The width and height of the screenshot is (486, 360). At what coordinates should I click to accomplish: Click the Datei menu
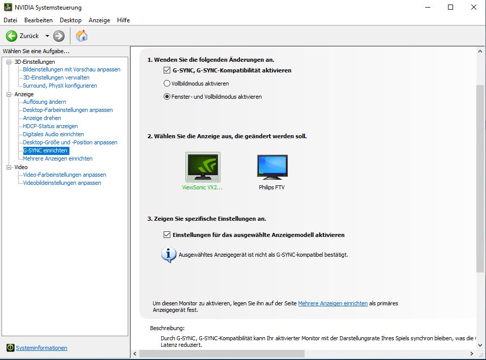tap(10, 20)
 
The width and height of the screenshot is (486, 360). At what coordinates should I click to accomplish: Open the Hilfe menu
tap(123, 20)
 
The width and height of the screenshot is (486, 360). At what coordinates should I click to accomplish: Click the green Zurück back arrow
tap(12, 36)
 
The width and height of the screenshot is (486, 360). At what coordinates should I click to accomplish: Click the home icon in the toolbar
tap(82, 36)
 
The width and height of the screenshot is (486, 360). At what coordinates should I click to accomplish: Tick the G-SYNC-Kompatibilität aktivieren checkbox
tap(167, 70)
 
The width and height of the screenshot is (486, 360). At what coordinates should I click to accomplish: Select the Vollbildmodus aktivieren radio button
tap(167, 84)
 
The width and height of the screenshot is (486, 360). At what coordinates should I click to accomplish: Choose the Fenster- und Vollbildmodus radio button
tap(167, 97)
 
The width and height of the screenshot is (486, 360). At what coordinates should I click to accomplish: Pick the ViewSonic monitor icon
tap(203, 167)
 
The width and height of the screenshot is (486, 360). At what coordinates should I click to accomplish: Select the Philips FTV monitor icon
tap(272, 167)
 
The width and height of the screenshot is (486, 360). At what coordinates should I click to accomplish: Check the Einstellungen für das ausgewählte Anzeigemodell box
tap(167, 235)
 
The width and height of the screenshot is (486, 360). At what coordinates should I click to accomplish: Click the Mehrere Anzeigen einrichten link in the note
tap(332, 303)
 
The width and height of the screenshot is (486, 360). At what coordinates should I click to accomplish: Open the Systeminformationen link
tap(41, 348)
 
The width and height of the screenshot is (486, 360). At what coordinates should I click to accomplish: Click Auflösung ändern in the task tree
tap(45, 102)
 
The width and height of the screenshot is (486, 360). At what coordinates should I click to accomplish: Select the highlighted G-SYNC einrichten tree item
tap(45, 150)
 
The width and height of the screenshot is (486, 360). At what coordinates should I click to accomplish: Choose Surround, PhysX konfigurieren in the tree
tap(60, 86)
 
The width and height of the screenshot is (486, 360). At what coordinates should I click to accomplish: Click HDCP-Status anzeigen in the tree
tap(50, 126)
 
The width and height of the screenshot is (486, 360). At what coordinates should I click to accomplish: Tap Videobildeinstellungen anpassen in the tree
tap(62, 183)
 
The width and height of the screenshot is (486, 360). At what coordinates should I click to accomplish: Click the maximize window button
tap(451, 7)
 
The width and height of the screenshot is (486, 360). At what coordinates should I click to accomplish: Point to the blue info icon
tap(168, 255)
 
